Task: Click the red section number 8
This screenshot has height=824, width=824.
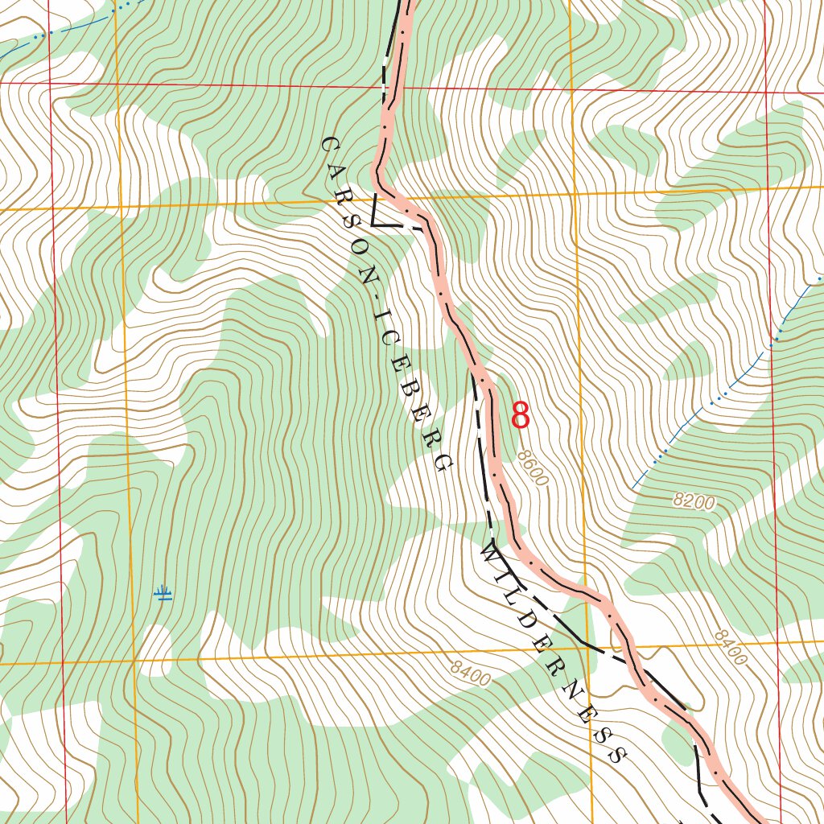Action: pos(521,416)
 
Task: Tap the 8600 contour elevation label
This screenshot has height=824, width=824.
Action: pos(533,468)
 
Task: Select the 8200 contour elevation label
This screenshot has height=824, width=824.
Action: pos(694,503)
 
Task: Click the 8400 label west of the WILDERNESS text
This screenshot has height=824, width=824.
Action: pos(471,674)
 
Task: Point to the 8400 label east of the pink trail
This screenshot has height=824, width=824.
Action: pos(730,648)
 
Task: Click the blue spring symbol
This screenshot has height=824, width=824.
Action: pos(163,595)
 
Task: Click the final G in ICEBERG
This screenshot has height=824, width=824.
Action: pos(442,462)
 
